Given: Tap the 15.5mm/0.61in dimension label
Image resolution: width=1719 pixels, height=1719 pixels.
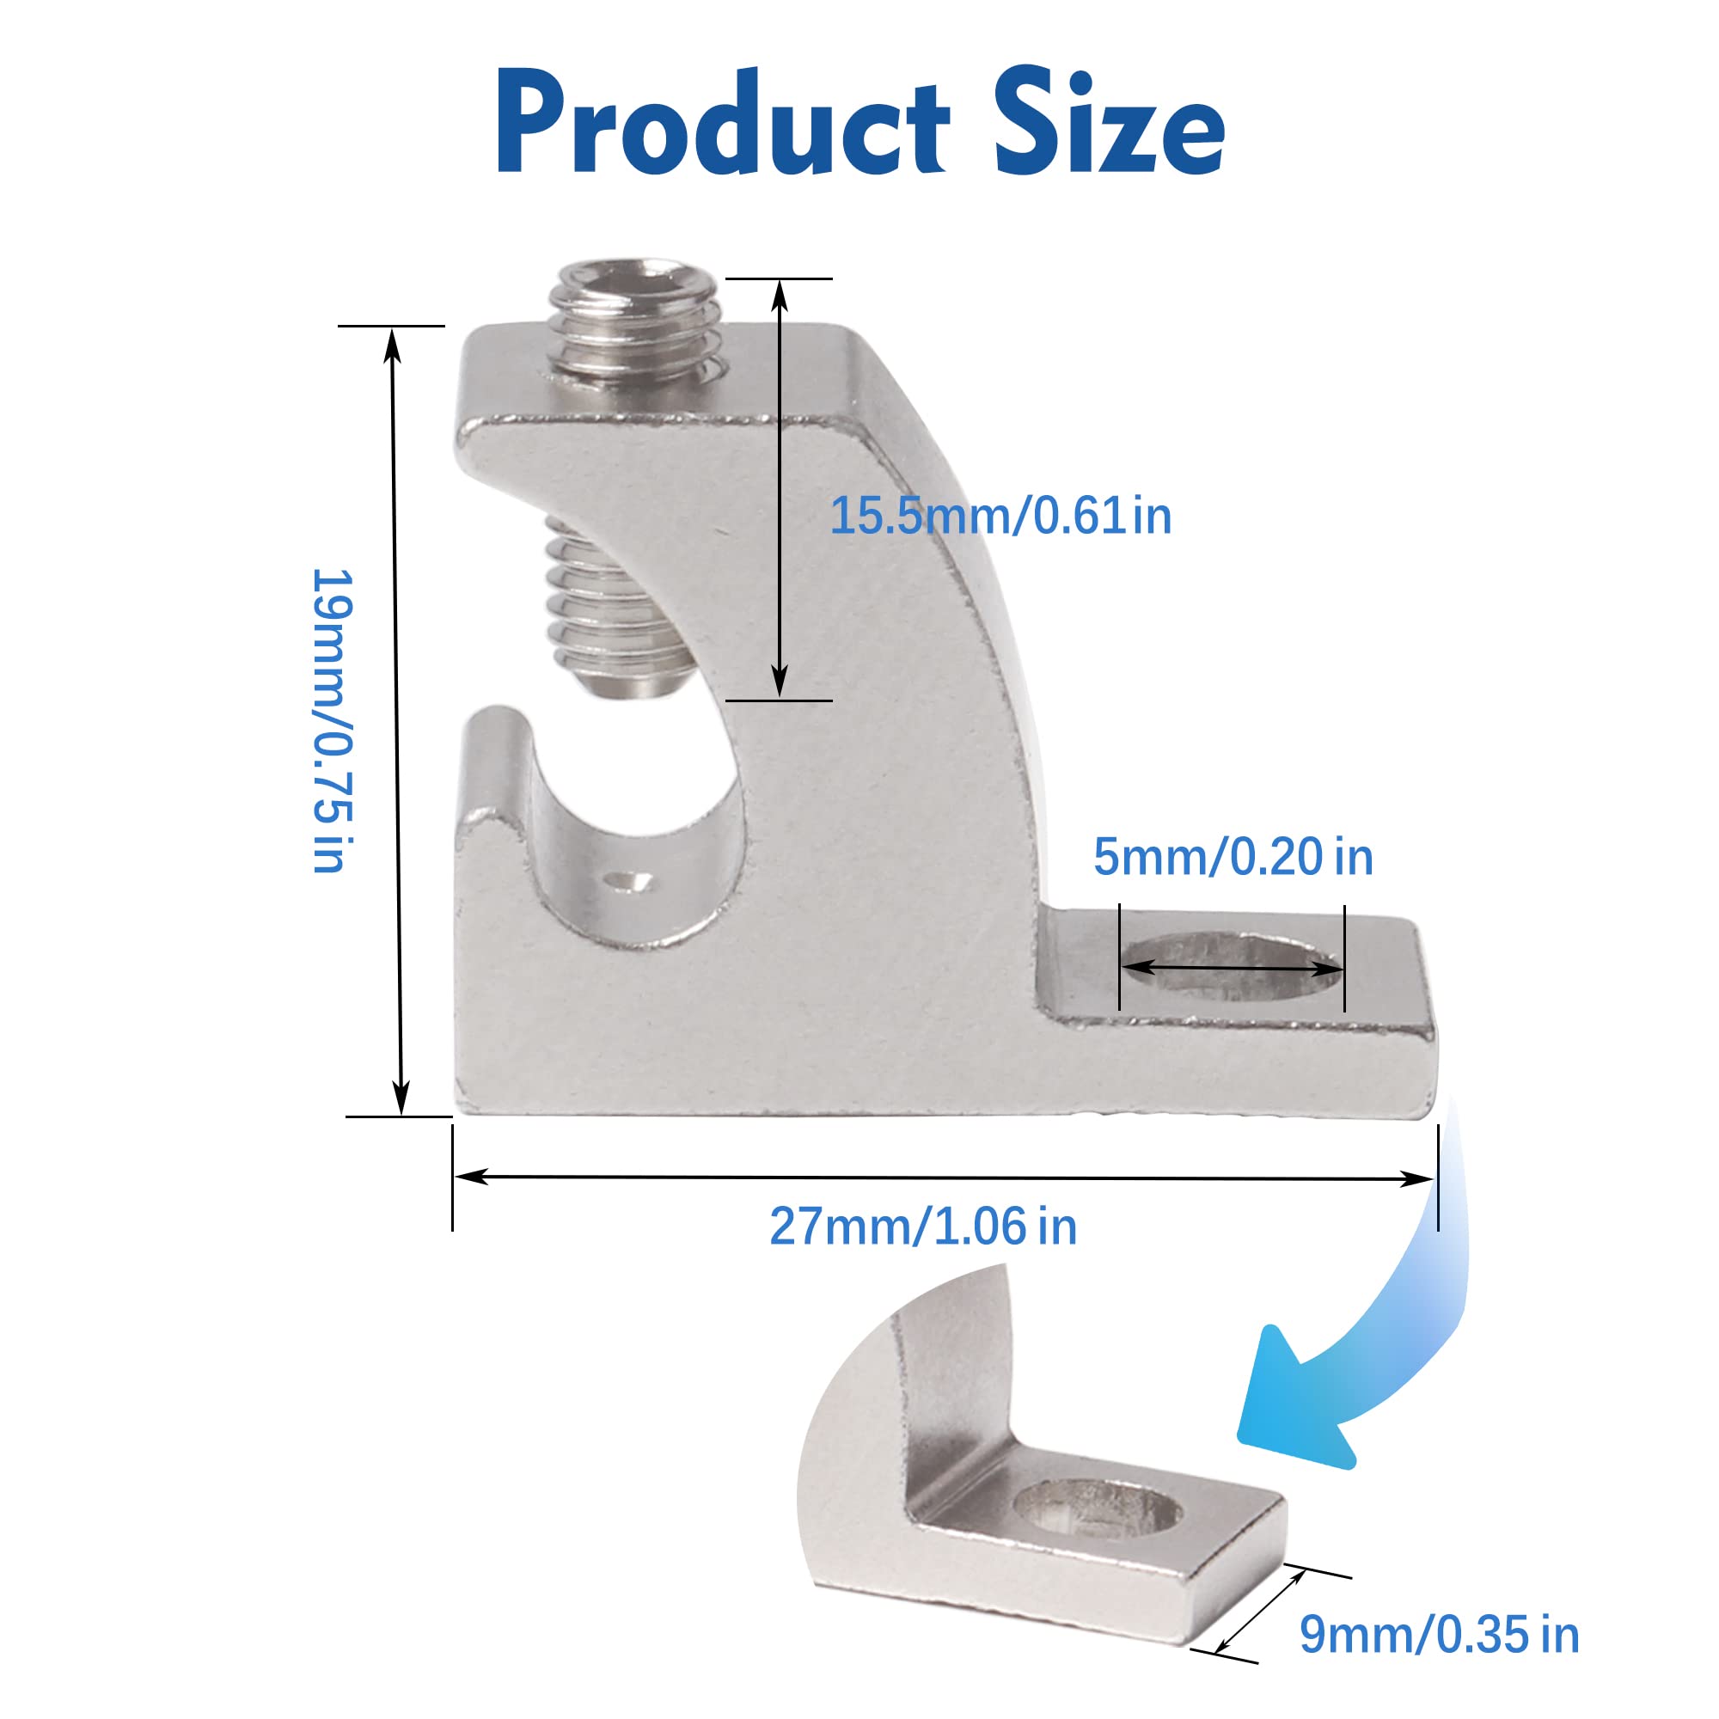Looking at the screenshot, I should click(1000, 516).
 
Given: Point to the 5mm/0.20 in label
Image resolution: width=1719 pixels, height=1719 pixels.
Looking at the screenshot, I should click(1233, 857).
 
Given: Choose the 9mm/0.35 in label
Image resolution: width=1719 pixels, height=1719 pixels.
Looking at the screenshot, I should click(1439, 1635).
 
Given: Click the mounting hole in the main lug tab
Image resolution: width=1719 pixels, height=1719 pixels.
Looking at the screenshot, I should click(1233, 967).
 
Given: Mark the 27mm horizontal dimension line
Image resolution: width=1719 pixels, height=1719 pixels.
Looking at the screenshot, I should click(943, 1178).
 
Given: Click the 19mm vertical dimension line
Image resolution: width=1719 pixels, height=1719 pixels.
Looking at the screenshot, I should click(398, 721).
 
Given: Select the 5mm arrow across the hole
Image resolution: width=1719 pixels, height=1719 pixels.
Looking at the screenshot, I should click(1233, 967).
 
